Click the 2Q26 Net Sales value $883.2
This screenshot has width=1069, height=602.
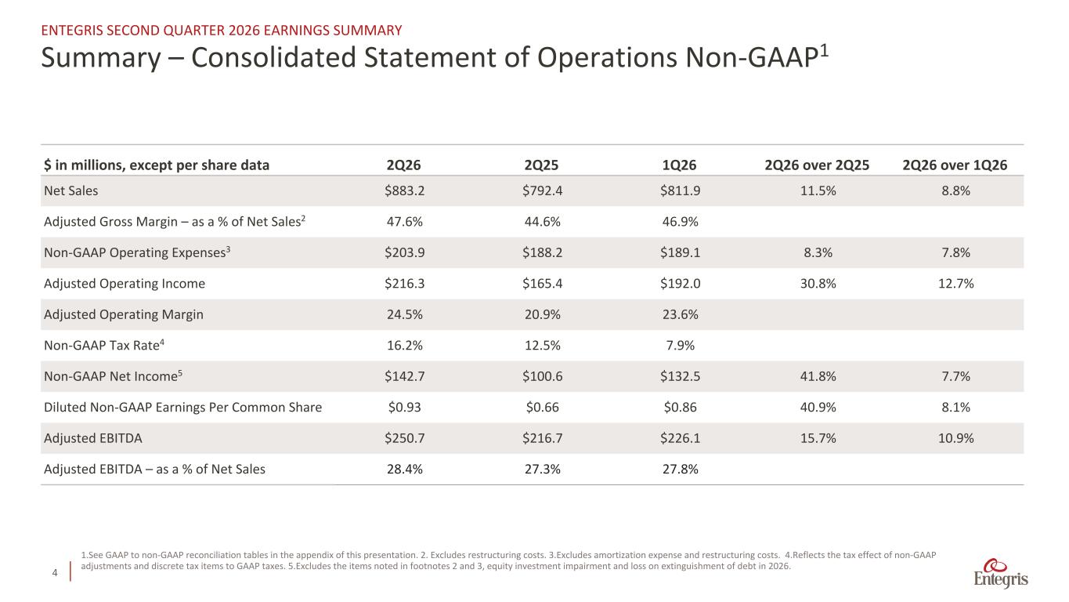(404, 190)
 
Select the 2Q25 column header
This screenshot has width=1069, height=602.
(541, 165)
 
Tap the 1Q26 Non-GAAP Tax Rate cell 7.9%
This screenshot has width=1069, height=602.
(680, 345)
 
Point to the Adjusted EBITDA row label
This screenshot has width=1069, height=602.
(93, 438)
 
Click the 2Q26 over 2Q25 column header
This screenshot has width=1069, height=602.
(817, 165)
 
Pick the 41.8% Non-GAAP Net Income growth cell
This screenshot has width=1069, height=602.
(818, 376)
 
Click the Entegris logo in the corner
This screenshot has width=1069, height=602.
(1001, 573)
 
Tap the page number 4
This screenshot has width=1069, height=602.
(55, 572)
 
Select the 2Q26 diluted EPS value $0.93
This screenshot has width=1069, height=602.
(404, 407)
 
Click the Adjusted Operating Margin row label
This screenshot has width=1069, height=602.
(124, 314)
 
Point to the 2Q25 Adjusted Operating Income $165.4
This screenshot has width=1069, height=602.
(542, 283)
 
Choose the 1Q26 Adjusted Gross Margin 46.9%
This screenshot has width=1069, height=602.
(680, 222)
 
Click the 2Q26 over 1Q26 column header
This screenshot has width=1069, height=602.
(955, 165)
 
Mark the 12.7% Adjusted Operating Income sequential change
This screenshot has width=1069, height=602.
(956, 283)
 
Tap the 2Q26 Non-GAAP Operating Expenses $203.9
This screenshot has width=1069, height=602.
(404, 252)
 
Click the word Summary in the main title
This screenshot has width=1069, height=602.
(101, 58)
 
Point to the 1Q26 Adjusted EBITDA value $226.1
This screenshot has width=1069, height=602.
(680, 438)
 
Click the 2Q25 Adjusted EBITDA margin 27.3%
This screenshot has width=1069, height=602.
(542, 470)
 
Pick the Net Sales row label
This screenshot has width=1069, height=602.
(70, 190)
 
